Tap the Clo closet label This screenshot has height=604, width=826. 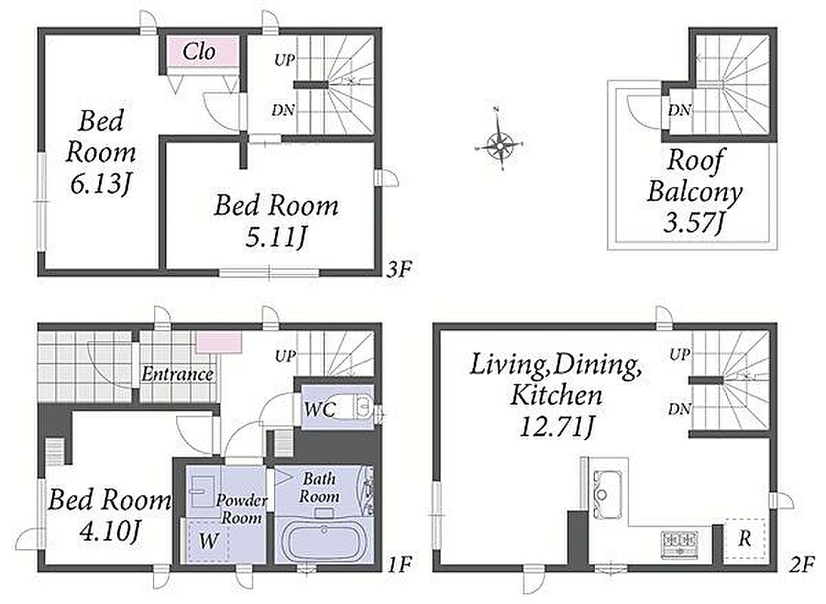[199, 51]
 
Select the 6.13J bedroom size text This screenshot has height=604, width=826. [100, 185]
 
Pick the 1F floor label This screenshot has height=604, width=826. [398, 565]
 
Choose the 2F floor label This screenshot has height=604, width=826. [803, 565]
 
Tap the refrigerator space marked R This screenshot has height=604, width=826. [745, 538]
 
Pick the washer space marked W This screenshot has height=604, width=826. [209, 541]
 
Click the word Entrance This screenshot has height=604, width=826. [178, 374]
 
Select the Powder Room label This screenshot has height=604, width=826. [241, 509]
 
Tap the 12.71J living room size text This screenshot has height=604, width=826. [556, 427]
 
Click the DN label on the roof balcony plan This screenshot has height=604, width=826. [680, 110]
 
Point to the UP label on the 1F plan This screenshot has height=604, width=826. [285, 356]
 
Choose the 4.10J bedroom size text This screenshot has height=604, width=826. [110, 533]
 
